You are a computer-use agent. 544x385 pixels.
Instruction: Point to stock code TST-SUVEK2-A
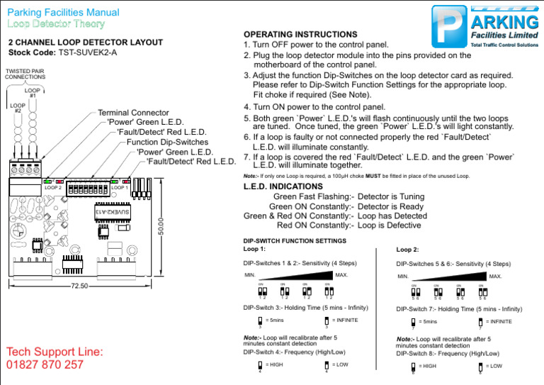88,53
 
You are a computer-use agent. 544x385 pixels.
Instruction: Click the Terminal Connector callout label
133,113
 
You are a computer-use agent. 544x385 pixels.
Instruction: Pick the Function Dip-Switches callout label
165,142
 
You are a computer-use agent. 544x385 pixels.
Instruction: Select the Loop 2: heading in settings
407,250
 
